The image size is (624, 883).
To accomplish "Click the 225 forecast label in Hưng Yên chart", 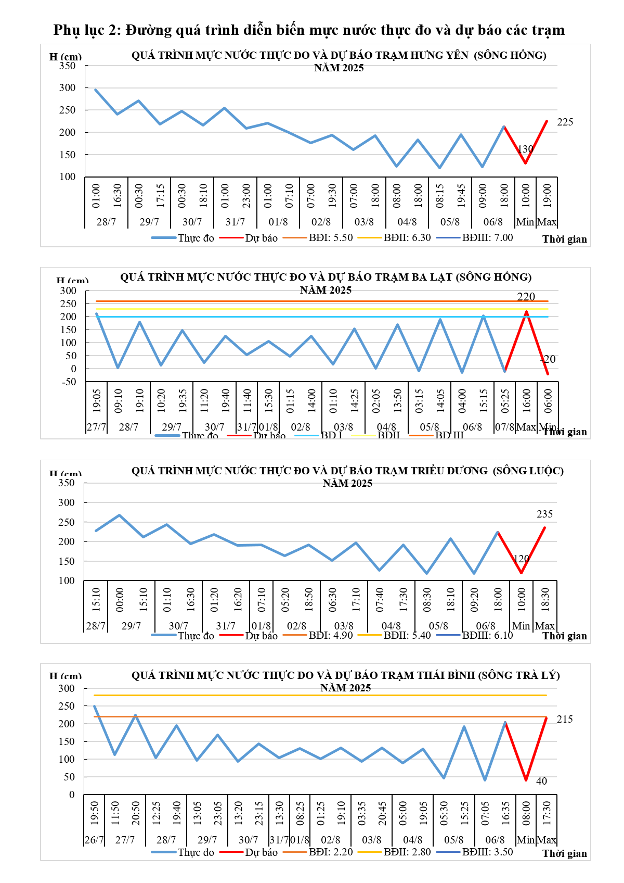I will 565,122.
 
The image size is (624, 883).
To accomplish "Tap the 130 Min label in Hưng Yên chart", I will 525,149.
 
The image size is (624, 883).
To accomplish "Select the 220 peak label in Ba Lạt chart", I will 526,297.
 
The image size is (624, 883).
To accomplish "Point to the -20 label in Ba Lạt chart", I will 548,359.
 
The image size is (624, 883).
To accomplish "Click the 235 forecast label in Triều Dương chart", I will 544,514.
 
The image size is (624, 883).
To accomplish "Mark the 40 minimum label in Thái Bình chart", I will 541,781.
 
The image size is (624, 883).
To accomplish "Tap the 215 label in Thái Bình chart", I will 565,720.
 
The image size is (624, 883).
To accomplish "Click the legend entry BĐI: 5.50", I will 331,238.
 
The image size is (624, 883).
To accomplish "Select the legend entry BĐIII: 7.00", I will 487,238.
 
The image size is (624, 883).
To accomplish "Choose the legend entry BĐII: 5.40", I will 407,635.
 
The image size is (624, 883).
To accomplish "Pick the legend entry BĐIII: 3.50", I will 487,852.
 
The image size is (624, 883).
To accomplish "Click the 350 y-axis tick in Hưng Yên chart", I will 67,66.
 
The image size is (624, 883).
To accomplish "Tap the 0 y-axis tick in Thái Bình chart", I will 72,795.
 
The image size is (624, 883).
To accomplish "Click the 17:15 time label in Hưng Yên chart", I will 161,195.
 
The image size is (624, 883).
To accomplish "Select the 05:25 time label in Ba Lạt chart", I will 505,401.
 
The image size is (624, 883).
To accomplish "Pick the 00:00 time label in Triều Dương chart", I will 120,599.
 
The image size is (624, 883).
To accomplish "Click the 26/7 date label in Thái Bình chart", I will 94,840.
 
